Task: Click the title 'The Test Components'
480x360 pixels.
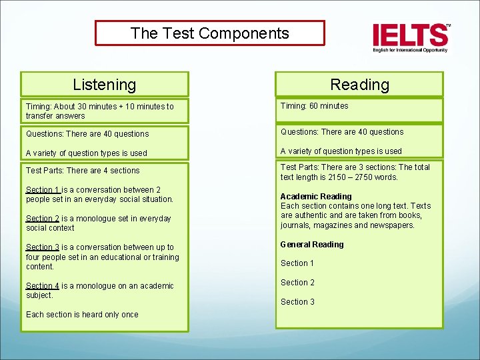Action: coord(209,33)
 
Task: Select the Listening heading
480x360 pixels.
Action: coord(104,85)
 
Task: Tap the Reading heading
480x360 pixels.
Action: coord(359,85)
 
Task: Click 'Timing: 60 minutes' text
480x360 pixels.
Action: coord(314,106)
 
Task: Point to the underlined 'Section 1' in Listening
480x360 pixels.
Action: coord(43,190)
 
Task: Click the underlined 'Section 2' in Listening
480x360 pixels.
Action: coord(43,219)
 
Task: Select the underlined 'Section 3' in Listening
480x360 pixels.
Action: coord(43,247)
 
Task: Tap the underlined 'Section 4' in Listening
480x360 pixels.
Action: coord(43,286)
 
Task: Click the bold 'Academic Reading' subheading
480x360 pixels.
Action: coord(316,197)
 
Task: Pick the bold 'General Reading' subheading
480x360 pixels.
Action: coord(312,245)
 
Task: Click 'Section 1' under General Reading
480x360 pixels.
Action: coord(297,263)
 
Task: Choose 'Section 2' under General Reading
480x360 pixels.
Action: coord(297,283)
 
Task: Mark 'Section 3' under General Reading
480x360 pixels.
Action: coord(297,302)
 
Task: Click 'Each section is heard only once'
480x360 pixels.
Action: coord(82,315)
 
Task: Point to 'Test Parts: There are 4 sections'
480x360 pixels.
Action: coord(83,171)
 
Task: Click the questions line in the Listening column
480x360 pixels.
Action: coord(87,134)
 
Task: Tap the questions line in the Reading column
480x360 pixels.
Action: coord(342,132)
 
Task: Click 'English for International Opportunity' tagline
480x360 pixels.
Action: coord(410,50)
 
